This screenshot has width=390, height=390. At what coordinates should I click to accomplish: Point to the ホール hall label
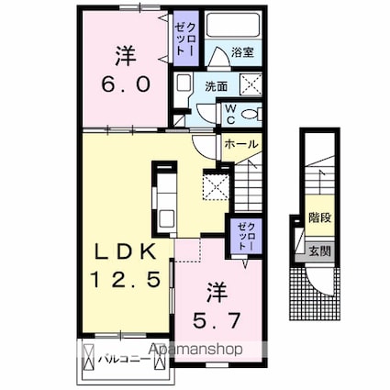coord(240,143)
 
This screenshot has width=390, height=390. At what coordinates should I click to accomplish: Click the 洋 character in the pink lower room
coord(217,295)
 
